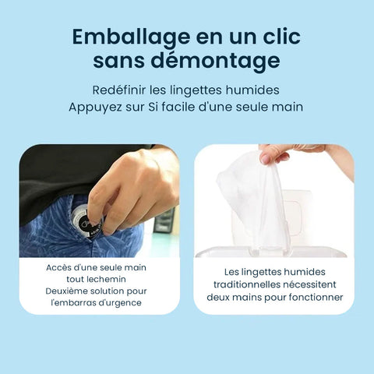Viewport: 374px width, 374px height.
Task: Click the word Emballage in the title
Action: (131, 37)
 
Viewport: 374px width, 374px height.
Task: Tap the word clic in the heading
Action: (282, 36)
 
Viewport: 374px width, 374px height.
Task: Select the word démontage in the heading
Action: (216, 61)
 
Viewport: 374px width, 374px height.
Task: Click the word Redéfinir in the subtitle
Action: (118, 90)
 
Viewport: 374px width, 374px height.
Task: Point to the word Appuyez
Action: (95, 108)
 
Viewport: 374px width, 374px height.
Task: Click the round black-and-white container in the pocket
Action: (85, 220)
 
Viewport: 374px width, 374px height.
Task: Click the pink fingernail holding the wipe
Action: (266, 158)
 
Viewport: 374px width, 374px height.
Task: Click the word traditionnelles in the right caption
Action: (247, 284)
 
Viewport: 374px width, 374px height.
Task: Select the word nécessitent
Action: (309, 284)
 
